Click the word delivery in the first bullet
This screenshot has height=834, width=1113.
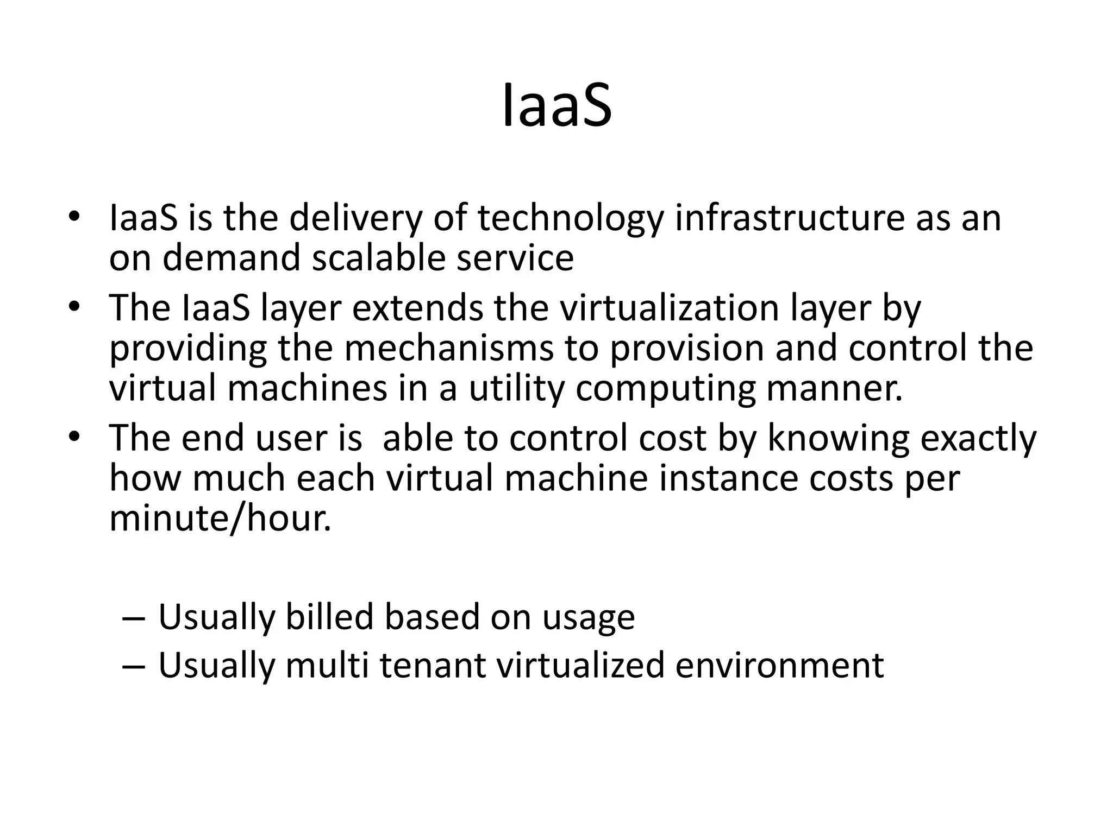pyautogui.click(x=355, y=218)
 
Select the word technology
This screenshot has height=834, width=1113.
pyautogui.click(x=570, y=218)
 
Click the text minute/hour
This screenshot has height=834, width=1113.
pyautogui.click(x=220, y=519)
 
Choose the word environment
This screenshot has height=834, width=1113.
pyautogui.click(x=779, y=666)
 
